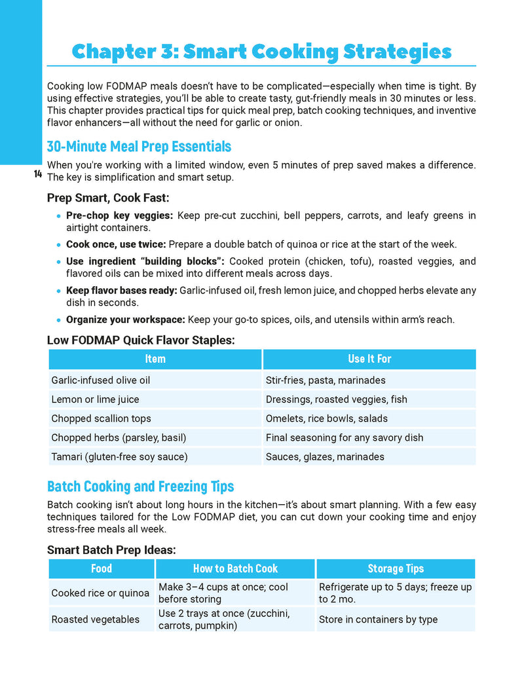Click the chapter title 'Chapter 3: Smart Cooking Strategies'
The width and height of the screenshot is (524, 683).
261,51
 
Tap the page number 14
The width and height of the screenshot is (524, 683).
37,174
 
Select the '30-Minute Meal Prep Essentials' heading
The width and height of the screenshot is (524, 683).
139,146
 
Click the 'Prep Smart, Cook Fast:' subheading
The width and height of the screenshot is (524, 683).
108,197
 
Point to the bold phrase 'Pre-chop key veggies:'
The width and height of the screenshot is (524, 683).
119,215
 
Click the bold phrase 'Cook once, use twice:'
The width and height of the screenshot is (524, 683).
116,244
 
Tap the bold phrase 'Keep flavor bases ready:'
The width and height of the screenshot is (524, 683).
121,290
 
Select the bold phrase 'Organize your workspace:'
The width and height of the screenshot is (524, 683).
126,320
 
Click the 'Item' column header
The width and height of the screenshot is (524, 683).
155,359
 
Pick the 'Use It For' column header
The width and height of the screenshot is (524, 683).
369,359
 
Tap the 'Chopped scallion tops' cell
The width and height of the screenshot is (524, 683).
101,418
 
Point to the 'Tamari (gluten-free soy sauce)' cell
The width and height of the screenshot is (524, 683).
119,456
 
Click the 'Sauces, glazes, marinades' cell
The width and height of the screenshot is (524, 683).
325,456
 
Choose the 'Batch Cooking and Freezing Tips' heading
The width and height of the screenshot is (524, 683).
140,487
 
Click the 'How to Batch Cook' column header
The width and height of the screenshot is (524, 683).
235,568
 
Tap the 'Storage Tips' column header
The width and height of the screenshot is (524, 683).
396,568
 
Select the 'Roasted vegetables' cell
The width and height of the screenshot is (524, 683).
96,619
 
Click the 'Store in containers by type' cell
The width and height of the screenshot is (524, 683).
378,619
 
